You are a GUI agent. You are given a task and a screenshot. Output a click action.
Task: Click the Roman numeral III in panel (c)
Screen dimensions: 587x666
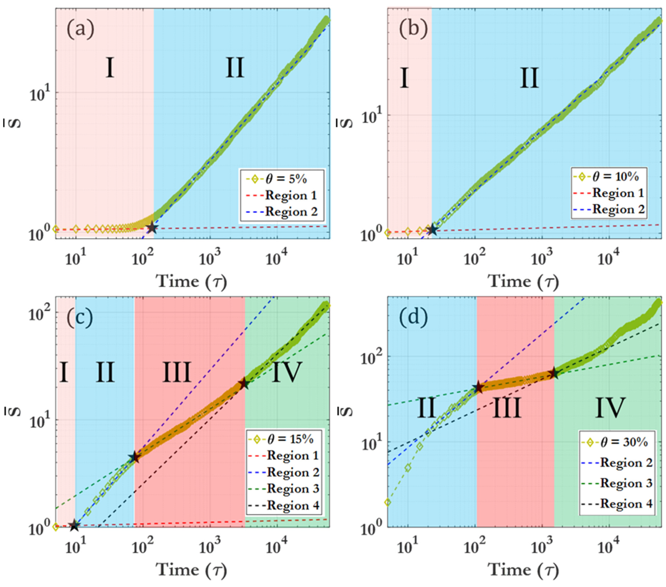coord(176,373)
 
